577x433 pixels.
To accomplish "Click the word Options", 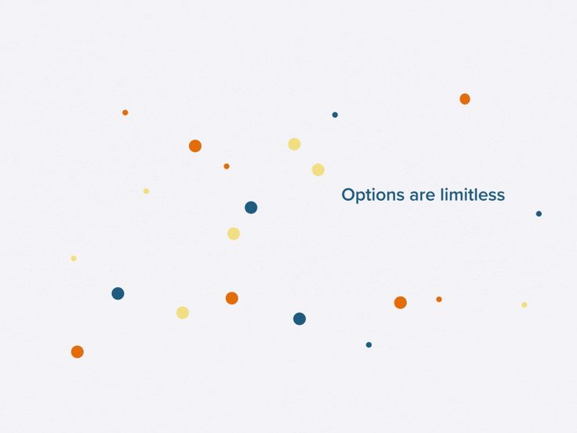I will coord(372,195).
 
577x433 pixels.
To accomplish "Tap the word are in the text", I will coord(422,195).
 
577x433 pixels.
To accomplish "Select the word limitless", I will coord(472,195).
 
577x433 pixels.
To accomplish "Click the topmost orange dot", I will coord(465,99).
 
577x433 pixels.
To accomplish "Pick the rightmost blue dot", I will coord(539,213).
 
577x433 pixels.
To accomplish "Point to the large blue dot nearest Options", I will coord(251,207).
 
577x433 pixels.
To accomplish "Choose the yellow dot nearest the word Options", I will coord(318,169).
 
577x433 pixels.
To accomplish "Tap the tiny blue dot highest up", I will coord(335,115).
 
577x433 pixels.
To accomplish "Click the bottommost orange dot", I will coord(77,351).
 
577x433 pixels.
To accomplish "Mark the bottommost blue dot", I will coord(368,344).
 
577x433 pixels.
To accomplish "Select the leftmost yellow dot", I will coord(74,258).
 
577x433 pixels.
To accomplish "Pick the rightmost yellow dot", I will coord(524,304).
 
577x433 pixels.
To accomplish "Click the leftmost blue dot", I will coord(118,293).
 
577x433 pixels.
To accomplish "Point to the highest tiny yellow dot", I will coord(146,191).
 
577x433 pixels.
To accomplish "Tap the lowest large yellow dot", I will coord(183,312).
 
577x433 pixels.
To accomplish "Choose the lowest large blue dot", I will coord(299,318).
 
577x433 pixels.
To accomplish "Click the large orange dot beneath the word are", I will coord(401,302).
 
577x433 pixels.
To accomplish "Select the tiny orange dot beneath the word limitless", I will coord(439,299).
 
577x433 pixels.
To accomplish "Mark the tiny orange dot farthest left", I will coord(125,112).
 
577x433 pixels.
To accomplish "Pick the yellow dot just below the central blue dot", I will coord(234,233).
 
